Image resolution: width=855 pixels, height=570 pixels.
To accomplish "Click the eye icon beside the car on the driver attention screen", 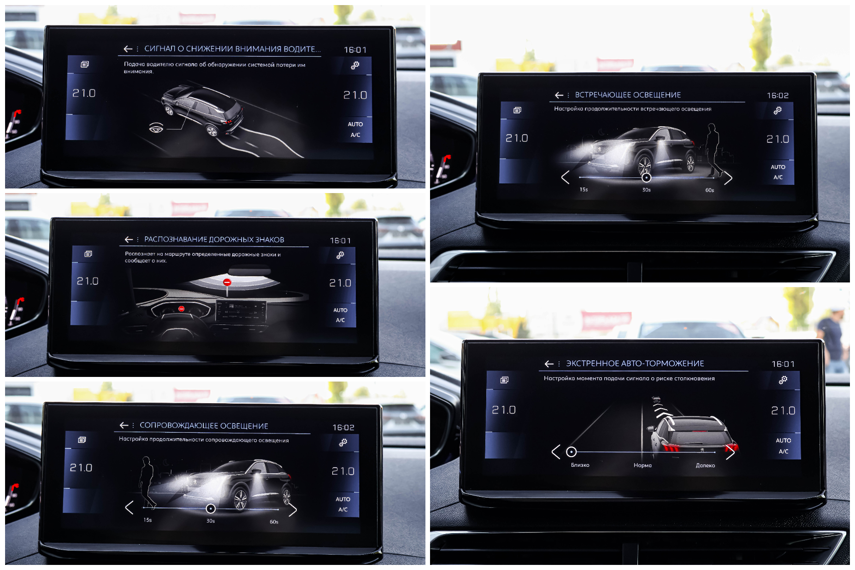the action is (x=156, y=128).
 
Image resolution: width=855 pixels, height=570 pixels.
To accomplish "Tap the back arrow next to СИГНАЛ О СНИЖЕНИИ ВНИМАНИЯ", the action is (x=128, y=49).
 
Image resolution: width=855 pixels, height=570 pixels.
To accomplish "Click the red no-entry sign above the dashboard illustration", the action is (x=227, y=282).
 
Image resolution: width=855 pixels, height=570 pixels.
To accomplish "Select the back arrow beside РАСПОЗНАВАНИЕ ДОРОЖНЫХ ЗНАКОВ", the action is (x=129, y=240).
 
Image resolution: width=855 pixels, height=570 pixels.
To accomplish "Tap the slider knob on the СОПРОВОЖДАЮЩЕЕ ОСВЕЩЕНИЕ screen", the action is (x=211, y=509).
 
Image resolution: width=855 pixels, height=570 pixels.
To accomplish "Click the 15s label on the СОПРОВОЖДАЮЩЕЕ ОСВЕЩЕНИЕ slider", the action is (x=147, y=520).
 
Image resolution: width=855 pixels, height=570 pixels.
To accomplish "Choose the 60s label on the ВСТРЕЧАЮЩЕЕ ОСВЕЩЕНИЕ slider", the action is (x=709, y=190).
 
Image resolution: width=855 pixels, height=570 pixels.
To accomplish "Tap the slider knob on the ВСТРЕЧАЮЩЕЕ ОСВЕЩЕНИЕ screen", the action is (x=647, y=177).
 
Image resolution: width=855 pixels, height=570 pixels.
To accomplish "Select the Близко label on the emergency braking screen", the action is (x=580, y=465).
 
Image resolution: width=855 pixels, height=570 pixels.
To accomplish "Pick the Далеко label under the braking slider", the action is (x=705, y=465).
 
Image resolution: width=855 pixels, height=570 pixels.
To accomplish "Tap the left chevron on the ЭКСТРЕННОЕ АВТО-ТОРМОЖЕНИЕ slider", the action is (x=556, y=452).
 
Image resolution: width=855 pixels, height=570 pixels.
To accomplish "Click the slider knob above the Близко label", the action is (x=572, y=452).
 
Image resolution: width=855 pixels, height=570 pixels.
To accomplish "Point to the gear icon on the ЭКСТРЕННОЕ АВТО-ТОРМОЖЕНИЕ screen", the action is (x=783, y=380).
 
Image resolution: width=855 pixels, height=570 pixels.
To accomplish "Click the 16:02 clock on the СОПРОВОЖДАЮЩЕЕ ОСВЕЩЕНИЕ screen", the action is (x=343, y=428).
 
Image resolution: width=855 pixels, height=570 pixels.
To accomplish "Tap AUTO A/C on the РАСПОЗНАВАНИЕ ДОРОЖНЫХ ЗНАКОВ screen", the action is (x=340, y=315).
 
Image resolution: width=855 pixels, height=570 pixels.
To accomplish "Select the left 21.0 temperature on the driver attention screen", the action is (x=84, y=93).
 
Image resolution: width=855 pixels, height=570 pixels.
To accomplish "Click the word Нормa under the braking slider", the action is (x=643, y=465).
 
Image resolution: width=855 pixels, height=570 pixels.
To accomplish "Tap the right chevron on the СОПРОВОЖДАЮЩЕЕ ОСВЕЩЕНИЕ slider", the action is (x=292, y=509).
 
